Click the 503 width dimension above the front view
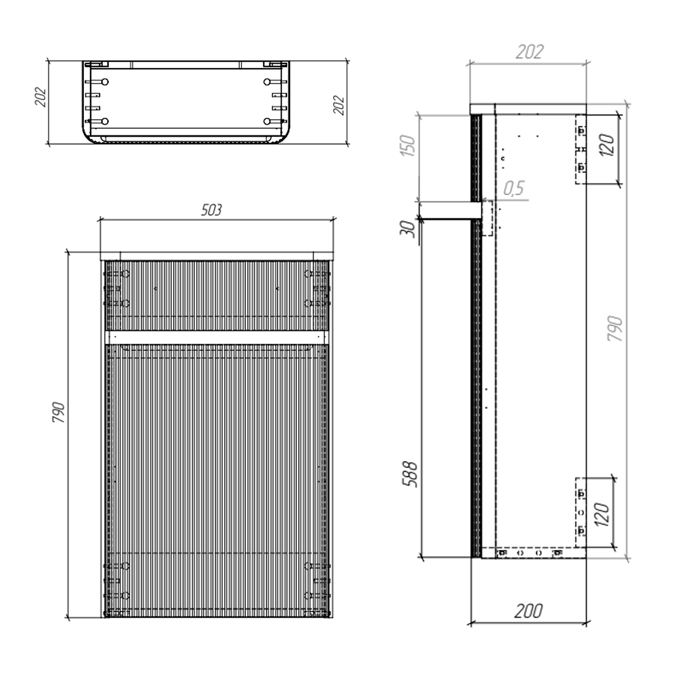[x=211, y=210]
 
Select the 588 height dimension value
[x=409, y=474]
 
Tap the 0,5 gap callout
[x=514, y=188]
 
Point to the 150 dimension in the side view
[x=408, y=145]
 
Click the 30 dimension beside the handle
[x=408, y=229]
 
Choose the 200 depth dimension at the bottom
[x=528, y=611]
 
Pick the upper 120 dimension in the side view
[x=607, y=145]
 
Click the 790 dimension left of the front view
[x=59, y=412]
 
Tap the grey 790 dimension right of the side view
[x=615, y=328]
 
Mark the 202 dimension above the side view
[x=529, y=52]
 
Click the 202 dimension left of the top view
[x=40, y=97]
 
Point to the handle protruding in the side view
[x=449, y=210]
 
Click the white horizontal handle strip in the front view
[x=215, y=337]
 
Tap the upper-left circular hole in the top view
[x=105, y=82]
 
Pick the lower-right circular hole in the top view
[x=267, y=121]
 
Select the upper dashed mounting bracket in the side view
[x=581, y=149]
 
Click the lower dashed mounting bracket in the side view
[x=581, y=512]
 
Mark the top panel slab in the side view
[x=528, y=109]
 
